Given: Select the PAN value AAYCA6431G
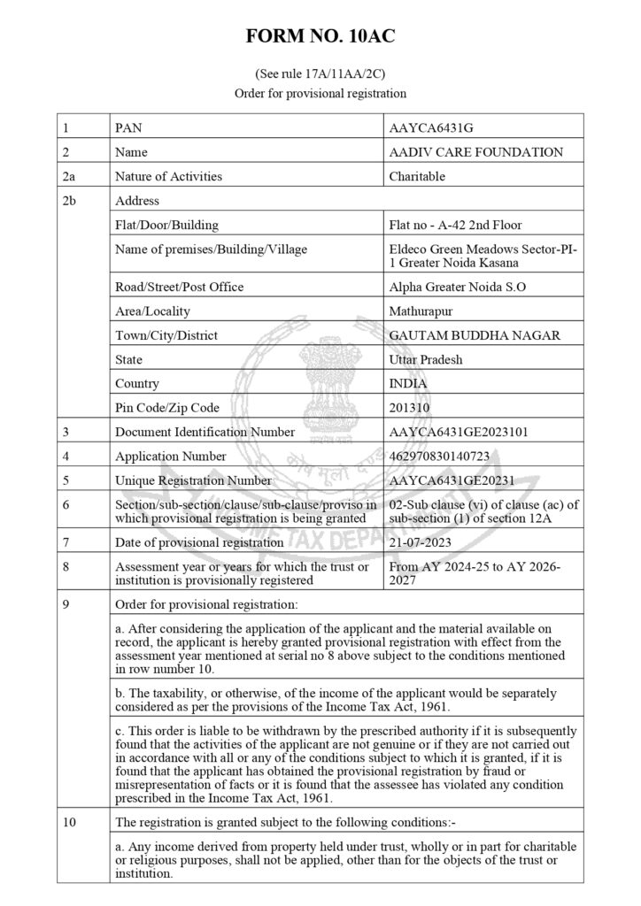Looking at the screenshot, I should click(426, 128).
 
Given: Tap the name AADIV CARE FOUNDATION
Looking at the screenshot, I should click(475, 152).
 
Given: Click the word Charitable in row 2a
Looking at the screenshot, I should click(417, 176).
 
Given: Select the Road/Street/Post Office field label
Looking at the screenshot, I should click(179, 287).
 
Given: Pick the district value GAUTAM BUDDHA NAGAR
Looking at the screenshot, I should click(474, 335).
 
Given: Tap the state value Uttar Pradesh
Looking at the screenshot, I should click(426, 360).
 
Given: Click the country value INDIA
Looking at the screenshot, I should click(408, 384).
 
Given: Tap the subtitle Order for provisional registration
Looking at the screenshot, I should click(320, 92).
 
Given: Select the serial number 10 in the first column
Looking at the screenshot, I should click(68, 822).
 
